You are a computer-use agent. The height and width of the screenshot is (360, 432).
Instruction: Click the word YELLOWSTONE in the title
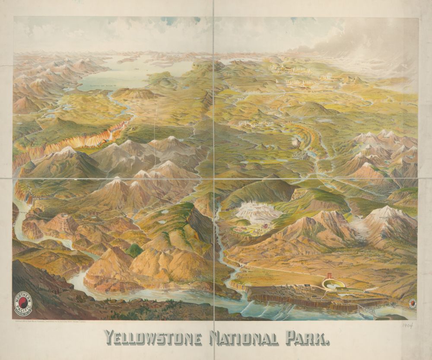[152, 338]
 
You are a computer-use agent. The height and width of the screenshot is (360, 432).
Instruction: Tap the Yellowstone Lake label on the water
[106, 86]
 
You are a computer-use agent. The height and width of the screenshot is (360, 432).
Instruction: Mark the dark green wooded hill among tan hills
[134, 250]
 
